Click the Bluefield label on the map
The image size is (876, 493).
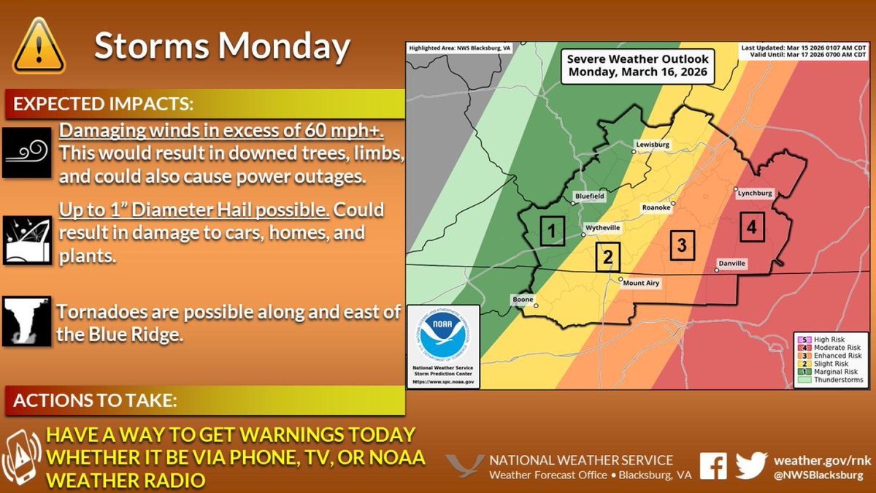[589, 197]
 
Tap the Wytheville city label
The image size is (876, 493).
[606, 228]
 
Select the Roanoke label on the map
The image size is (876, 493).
[656, 207]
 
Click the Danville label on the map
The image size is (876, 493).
[732, 263]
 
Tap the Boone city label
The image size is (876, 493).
[523, 299]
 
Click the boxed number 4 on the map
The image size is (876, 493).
[751, 228]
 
